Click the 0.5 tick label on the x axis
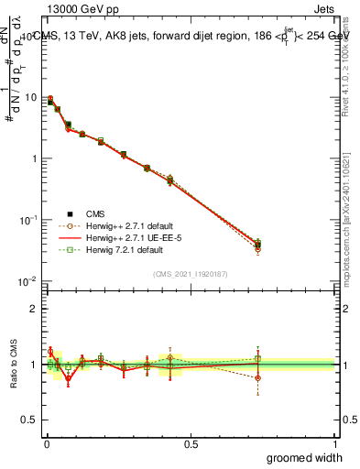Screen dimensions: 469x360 [191, 442]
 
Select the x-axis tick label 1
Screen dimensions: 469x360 [334, 442]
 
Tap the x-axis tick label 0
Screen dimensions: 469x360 [47, 442]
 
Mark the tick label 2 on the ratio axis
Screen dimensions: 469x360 [34, 309]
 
